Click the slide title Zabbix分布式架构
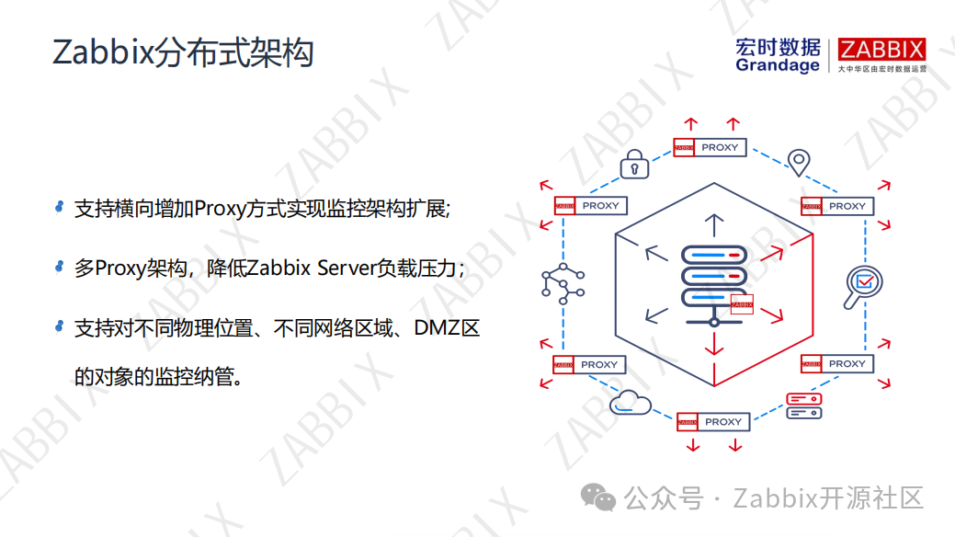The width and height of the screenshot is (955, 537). click(183, 53)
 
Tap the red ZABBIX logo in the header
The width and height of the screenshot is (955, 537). click(881, 50)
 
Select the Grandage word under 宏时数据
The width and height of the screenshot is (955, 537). click(777, 66)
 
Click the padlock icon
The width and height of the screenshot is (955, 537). click(634, 164)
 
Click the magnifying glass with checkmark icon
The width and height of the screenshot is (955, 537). click(862, 286)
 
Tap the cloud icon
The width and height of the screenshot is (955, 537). click(631, 402)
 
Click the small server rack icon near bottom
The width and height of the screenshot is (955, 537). click(803, 406)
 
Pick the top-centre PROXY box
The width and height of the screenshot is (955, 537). click(710, 147)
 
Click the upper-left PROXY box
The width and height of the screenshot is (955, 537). click(590, 206)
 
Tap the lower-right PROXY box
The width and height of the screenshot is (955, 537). click(836, 363)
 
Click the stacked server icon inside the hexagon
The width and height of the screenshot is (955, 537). click(713, 282)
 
